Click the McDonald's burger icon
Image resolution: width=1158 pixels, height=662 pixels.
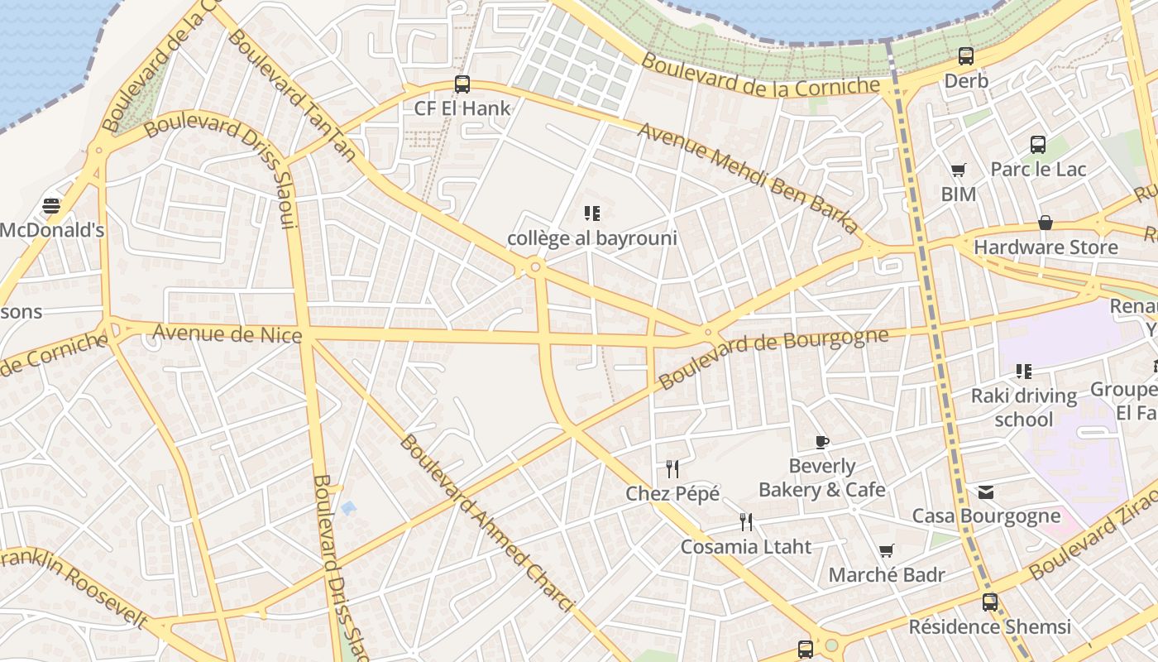click(x=51, y=205)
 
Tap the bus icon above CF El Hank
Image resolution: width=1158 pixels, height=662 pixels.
click(x=462, y=84)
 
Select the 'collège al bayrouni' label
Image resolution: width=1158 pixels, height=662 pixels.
click(x=592, y=238)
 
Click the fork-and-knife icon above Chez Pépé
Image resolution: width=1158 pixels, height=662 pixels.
click(x=672, y=469)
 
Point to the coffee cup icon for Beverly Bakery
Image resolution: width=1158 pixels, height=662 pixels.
click(x=821, y=442)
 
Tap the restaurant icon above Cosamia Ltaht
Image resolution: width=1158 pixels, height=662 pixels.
click(x=746, y=521)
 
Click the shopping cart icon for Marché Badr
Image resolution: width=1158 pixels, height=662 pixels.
click(x=887, y=550)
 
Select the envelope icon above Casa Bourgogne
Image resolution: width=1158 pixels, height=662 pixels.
click(x=986, y=492)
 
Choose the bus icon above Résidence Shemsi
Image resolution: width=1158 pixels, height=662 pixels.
click(x=990, y=602)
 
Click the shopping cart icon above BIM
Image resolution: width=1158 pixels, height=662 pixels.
click(x=959, y=170)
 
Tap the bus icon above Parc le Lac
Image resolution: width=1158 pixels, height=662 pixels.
click(x=1038, y=145)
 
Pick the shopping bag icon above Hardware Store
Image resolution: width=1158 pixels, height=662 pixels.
click(x=1046, y=223)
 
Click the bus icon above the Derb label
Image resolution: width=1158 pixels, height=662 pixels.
click(x=966, y=56)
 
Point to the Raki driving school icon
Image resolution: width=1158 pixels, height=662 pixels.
click(x=1024, y=372)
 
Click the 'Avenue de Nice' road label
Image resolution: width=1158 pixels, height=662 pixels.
click(x=227, y=333)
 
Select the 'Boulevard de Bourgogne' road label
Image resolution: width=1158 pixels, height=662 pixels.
click(x=773, y=357)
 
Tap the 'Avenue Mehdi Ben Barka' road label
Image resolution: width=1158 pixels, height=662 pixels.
click(x=748, y=179)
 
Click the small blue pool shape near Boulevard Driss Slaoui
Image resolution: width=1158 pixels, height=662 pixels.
click(x=348, y=507)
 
